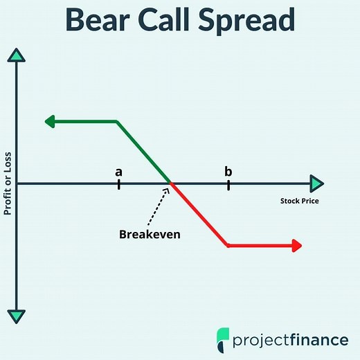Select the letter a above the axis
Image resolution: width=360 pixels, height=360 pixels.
(x=119, y=171)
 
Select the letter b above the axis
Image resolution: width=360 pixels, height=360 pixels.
(x=228, y=171)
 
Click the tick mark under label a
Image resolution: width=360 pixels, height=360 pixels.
(x=119, y=183)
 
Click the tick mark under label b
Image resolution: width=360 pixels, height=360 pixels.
(x=228, y=183)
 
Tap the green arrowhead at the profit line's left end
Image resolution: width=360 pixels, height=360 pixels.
(x=50, y=122)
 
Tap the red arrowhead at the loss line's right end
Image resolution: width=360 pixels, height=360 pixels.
(x=297, y=245)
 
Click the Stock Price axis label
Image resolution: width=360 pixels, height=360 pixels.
(x=299, y=201)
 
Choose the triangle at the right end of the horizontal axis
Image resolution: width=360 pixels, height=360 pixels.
(x=316, y=183)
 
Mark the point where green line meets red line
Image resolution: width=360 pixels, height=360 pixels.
(x=171, y=183)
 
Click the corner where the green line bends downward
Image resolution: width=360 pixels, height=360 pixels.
(x=117, y=122)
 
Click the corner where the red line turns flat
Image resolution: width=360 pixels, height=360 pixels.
(x=227, y=245)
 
